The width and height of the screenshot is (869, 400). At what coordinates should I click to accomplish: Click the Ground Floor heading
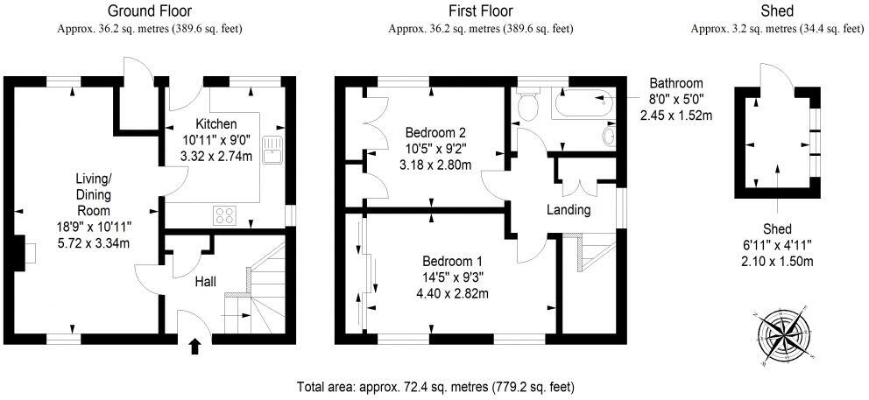[x=149, y=11]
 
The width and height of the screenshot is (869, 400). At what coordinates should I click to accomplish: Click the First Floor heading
[x=480, y=11]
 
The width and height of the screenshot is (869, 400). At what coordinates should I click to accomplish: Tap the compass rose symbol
[x=781, y=335]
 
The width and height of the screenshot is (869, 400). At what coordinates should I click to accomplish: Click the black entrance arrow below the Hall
[x=194, y=347]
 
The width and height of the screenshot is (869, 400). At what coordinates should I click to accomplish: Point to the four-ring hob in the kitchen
[x=224, y=214]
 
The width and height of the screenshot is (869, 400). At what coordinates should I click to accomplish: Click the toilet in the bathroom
[x=527, y=107]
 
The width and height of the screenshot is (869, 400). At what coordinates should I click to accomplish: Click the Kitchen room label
[x=215, y=123]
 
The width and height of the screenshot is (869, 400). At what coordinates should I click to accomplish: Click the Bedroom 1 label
[x=452, y=262]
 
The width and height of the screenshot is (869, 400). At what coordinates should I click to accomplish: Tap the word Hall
[x=205, y=281]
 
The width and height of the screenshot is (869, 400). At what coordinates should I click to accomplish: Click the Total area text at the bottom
[x=435, y=385]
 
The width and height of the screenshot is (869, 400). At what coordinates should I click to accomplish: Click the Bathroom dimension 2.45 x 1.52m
[x=675, y=115]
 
